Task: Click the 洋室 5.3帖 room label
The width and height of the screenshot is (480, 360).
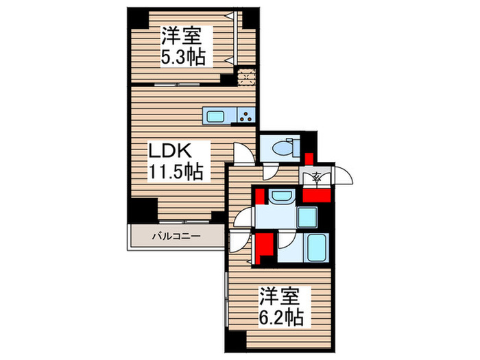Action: click(x=183, y=44)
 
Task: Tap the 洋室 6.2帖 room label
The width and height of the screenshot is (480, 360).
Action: click(x=280, y=307)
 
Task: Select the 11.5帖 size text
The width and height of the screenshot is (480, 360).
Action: click(x=176, y=171)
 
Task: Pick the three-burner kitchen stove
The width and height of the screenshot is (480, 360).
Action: click(x=246, y=115)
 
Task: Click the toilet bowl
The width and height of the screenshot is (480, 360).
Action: click(x=282, y=147)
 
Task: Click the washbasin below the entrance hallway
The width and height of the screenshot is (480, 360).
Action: click(x=280, y=198)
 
